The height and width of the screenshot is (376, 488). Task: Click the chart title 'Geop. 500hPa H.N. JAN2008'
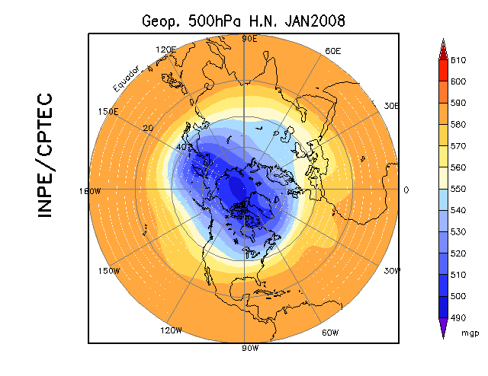click(x=244, y=21)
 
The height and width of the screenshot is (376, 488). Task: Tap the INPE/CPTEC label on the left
click(x=46, y=155)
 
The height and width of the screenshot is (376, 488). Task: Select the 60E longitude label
click(x=332, y=50)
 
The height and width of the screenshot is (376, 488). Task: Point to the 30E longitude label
click(x=392, y=107)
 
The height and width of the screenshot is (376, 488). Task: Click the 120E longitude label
click(x=165, y=49)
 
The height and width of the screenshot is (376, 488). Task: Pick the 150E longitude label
click(x=108, y=111)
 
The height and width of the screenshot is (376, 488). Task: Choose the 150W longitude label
click(x=109, y=271)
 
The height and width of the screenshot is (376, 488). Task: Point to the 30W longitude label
click(x=393, y=271)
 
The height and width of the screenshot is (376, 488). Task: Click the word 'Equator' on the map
click(x=126, y=79)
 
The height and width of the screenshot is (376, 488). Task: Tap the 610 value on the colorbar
click(x=457, y=60)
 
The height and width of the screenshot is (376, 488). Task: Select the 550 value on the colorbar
click(x=457, y=188)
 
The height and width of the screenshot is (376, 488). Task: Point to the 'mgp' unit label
click(x=469, y=333)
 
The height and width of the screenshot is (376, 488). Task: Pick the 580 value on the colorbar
click(x=457, y=124)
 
